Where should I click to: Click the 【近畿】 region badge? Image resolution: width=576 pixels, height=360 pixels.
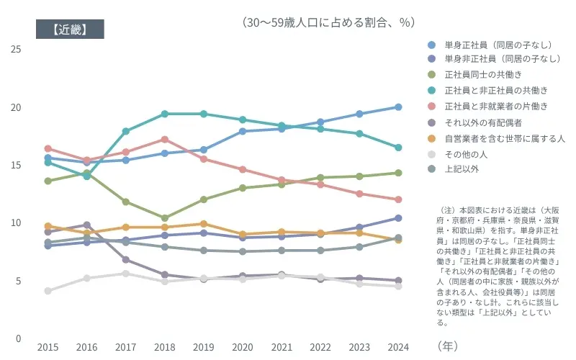pyautogui.click(x=70, y=29)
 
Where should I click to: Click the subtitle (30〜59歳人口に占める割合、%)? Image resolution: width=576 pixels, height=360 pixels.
pyautogui.click(x=329, y=22)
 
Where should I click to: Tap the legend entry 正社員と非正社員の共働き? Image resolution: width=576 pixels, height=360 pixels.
pyautogui.click(x=496, y=90)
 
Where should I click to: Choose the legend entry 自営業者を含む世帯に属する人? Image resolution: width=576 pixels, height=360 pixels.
pyautogui.click(x=504, y=138)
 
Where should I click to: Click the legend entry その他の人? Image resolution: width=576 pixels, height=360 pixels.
pyautogui.click(x=467, y=153)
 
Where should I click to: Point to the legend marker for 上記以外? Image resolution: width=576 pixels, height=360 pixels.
pyautogui.click(x=431, y=168)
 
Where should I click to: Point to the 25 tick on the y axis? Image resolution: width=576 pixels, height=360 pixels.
pyautogui.click(x=16, y=49)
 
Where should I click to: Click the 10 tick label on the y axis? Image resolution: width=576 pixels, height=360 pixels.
pyautogui.click(x=16, y=222)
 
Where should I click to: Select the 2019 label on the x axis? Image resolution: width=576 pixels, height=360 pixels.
pyautogui.click(x=204, y=347)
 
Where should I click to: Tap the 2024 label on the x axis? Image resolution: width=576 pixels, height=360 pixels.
pyautogui.click(x=397, y=347)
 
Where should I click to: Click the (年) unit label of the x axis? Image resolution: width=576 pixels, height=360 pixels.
pyautogui.click(x=447, y=346)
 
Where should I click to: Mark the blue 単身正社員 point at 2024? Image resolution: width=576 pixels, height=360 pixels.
pyautogui.click(x=397, y=107)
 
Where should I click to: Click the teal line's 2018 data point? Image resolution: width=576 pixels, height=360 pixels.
pyautogui.click(x=165, y=114)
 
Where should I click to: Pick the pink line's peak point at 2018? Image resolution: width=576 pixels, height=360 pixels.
pyautogui.click(x=165, y=139)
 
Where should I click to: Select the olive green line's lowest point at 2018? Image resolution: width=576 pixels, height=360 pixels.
pyautogui.click(x=165, y=217)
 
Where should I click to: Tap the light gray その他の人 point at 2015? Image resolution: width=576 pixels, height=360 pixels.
pyautogui.click(x=48, y=291)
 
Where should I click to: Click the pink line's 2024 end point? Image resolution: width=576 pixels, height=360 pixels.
pyautogui.click(x=397, y=199)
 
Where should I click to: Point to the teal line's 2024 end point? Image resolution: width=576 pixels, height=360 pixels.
pyautogui.click(x=397, y=148)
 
